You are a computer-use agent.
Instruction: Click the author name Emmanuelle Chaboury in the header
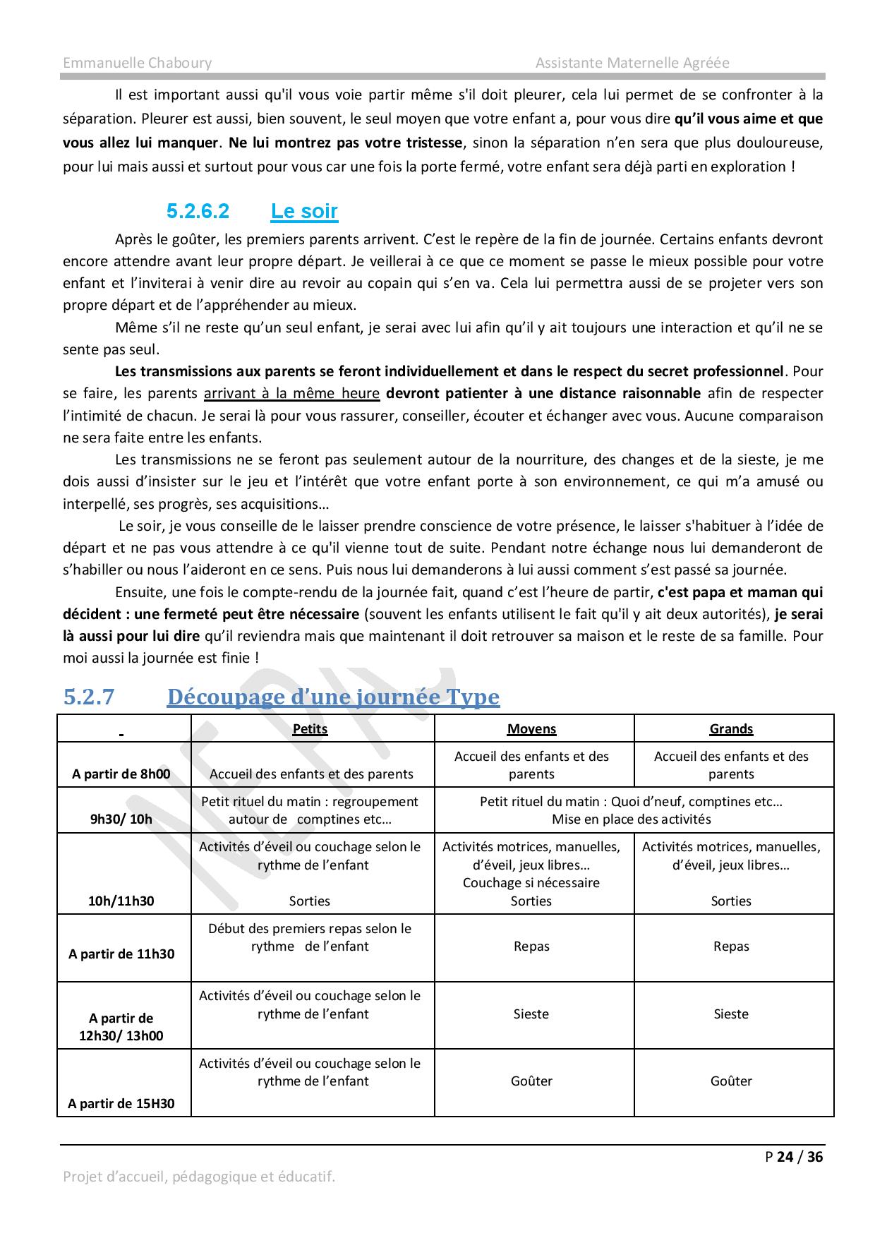tap(137, 63)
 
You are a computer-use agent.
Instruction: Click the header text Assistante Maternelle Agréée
tap(632, 63)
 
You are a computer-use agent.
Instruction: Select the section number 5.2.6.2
tap(198, 211)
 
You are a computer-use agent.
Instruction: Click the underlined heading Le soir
tap(304, 211)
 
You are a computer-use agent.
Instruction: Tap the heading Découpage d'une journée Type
tap(333, 697)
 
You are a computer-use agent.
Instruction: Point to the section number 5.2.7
tap(89, 697)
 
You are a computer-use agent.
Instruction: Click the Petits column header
tap(310, 728)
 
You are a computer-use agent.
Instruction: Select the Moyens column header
tap(531, 728)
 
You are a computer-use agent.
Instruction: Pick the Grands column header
tap(731, 728)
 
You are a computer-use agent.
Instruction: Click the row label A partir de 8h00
tap(121, 774)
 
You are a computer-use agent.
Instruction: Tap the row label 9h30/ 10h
tap(121, 819)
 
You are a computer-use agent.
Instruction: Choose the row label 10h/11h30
tap(121, 901)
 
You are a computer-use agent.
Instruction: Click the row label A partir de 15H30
tap(121, 1104)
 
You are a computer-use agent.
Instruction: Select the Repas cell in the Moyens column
tap(531, 946)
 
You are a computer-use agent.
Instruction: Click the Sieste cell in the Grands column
tap(731, 1014)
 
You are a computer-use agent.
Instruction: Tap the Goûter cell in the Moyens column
tap(531, 1081)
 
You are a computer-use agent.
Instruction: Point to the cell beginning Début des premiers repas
tap(310, 937)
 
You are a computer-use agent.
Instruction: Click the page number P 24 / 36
tap(794, 1157)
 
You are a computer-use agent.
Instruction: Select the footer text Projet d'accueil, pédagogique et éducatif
tap(199, 1177)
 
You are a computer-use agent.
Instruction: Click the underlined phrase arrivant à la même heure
tap(291, 393)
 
